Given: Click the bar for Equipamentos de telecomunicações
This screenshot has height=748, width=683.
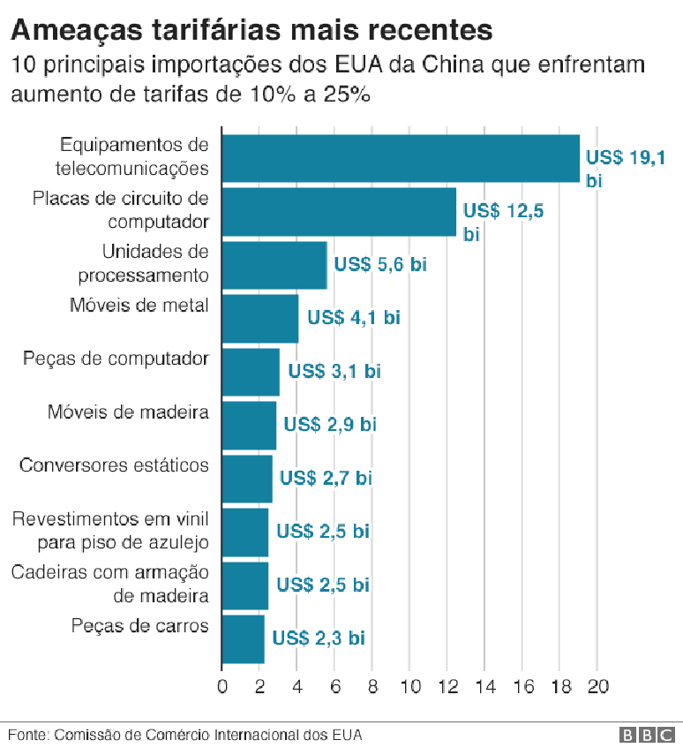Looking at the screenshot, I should pyautogui.click(x=400, y=159).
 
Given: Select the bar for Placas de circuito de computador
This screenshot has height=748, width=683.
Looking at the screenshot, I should pyautogui.click(x=339, y=212).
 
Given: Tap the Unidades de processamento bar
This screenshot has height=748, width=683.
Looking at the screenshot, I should pyautogui.click(x=274, y=265).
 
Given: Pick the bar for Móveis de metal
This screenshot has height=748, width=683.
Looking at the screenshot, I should pyautogui.click(x=259, y=319).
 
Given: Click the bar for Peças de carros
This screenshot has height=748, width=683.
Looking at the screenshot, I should pyautogui.click(x=243, y=638).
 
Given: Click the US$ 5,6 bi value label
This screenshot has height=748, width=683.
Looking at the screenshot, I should pyautogui.click(x=379, y=265).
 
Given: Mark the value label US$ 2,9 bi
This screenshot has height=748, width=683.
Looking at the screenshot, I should pyautogui.click(x=329, y=425).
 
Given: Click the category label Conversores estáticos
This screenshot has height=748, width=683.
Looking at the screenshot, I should pyautogui.click(x=114, y=465).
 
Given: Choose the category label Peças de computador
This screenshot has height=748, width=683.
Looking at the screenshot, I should pyautogui.click(x=116, y=359).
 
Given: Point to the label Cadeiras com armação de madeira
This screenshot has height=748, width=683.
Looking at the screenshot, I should pyautogui.click(x=110, y=584).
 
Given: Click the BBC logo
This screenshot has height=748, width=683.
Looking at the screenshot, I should pyautogui.click(x=649, y=735).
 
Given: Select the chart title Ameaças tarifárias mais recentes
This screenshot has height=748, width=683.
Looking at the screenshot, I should pyautogui.click(x=251, y=29).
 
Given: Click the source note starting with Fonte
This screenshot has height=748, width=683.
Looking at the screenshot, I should pyautogui.click(x=185, y=735).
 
